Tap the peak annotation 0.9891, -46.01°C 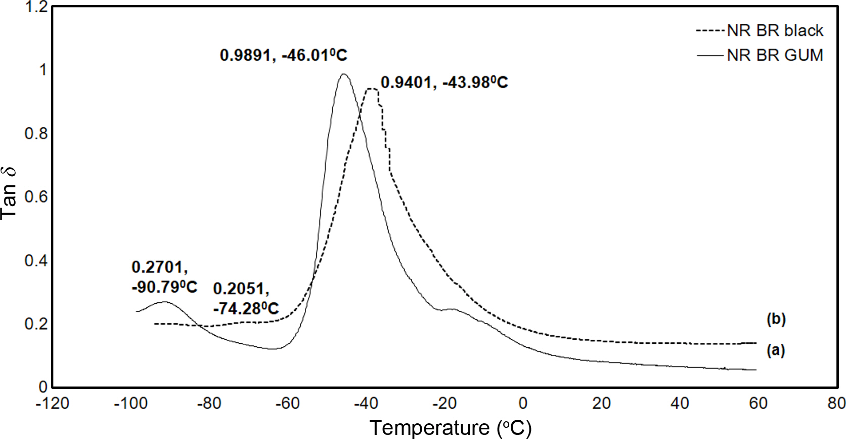coord(283,55)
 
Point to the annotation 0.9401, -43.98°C coord(444,82)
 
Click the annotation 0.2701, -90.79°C coord(164,277)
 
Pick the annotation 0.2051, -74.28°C coord(246,298)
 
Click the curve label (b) coord(776,319)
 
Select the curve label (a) coord(776,350)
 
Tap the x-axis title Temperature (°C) coord(450,428)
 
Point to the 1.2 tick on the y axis coord(36,7)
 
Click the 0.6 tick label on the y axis coord(36,196)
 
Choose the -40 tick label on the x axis coord(366,404)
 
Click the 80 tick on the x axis coord(836,404)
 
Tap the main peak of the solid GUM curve coord(344,74)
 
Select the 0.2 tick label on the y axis coord(36,324)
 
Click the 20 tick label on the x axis coord(601,404)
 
